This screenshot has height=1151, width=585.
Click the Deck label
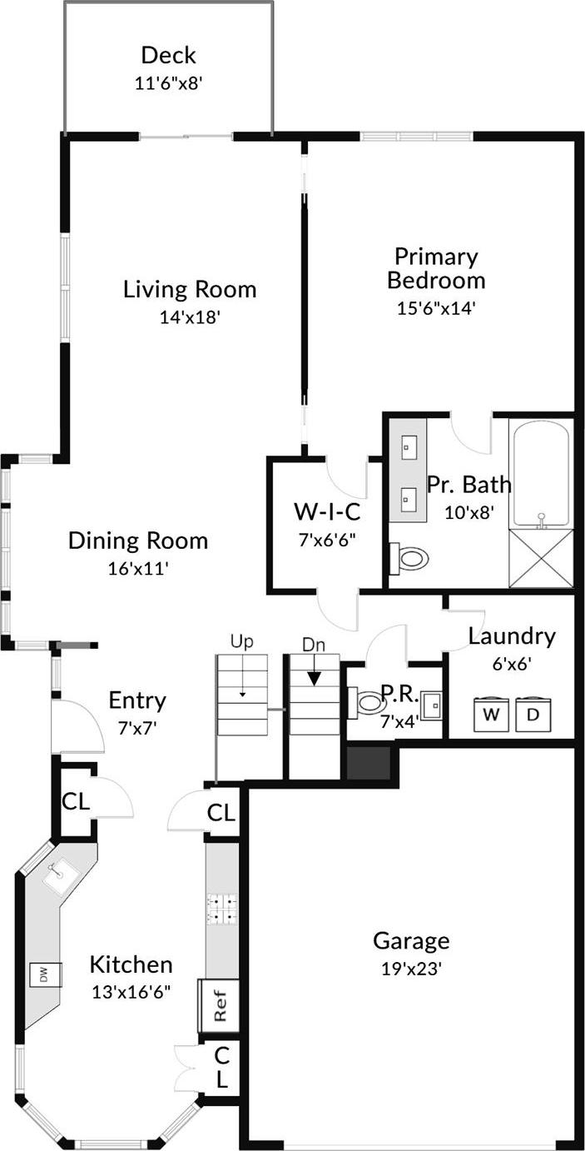tap(168, 56)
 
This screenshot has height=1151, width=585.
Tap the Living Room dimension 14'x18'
tap(189, 317)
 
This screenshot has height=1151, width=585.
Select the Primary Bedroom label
tap(435, 267)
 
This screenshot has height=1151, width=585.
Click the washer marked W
tap(491, 715)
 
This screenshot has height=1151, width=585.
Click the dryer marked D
tap(533, 715)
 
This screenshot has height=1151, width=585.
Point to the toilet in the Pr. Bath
tap(410, 557)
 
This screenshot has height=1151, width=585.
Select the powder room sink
tap(431, 705)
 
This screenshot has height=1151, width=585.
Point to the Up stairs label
tap(241, 642)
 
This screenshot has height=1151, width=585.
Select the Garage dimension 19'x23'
tap(411, 969)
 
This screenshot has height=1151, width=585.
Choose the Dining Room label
tap(138, 541)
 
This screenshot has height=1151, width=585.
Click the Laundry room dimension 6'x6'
tap(511, 664)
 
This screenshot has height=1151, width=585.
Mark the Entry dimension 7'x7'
tap(137, 726)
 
